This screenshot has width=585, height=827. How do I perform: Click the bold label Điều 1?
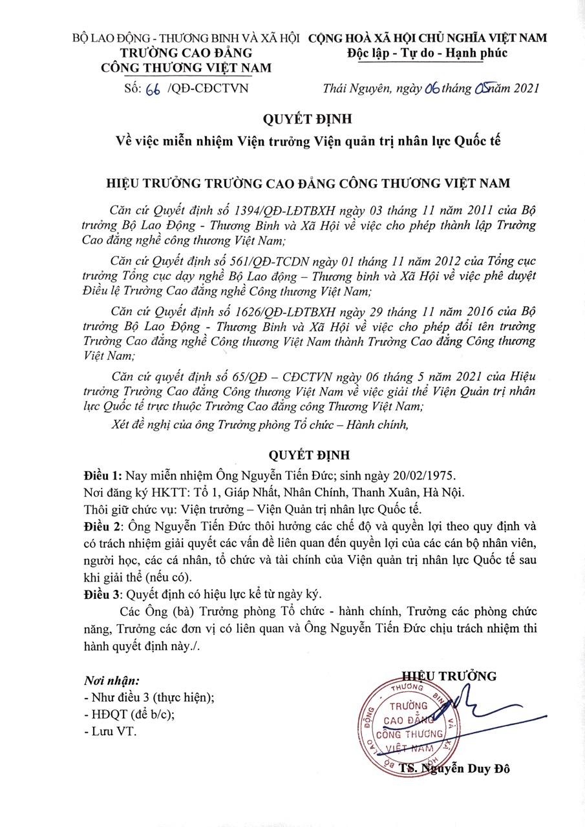pos(103,476)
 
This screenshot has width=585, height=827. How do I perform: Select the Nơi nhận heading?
pos(112,681)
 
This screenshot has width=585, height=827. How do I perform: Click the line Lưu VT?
pos(111,731)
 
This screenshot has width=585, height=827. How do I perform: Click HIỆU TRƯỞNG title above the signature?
pos(451,676)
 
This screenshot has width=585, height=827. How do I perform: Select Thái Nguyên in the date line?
pos(356,89)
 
